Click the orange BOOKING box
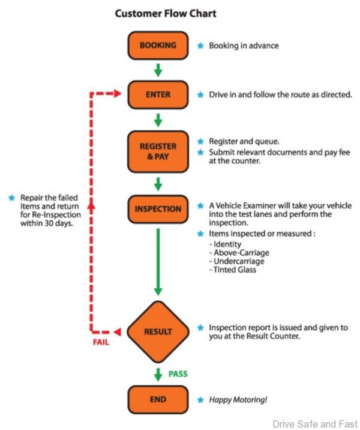point(158,45)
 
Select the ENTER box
point(158,94)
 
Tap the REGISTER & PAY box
point(158,151)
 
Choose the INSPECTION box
point(158,209)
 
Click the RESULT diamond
point(158,332)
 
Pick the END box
point(158,399)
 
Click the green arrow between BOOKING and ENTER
point(158,70)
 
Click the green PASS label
point(178,374)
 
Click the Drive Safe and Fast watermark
point(314,424)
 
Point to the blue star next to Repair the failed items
point(11,197)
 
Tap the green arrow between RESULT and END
point(158,374)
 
